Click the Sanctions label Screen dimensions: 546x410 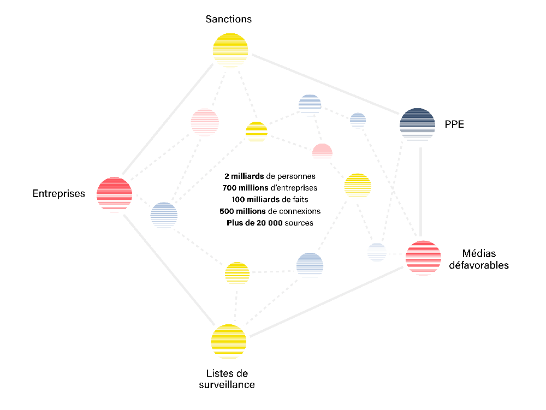click(x=228, y=19)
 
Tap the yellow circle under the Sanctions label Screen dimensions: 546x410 click(x=230, y=50)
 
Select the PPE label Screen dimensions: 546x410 click(x=454, y=124)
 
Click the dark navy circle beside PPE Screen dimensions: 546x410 click(x=417, y=124)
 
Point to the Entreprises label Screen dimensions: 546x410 click(x=58, y=193)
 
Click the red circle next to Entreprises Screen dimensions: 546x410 click(x=114, y=194)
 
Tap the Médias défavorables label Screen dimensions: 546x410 click(x=479, y=259)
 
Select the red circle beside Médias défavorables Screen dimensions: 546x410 click(x=423, y=258)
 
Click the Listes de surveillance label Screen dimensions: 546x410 click(x=227, y=379)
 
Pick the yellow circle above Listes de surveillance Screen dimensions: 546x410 click(x=228, y=341)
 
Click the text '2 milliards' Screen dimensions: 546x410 click(x=244, y=176)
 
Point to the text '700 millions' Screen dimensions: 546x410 click(x=245, y=188)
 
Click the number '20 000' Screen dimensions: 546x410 click(x=270, y=223)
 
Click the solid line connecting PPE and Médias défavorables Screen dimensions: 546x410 click(x=420, y=192)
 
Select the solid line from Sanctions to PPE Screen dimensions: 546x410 click(x=325, y=84)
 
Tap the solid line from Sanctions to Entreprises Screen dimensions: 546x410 click(x=168, y=119)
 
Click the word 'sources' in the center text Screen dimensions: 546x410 click(x=299, y=223)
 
